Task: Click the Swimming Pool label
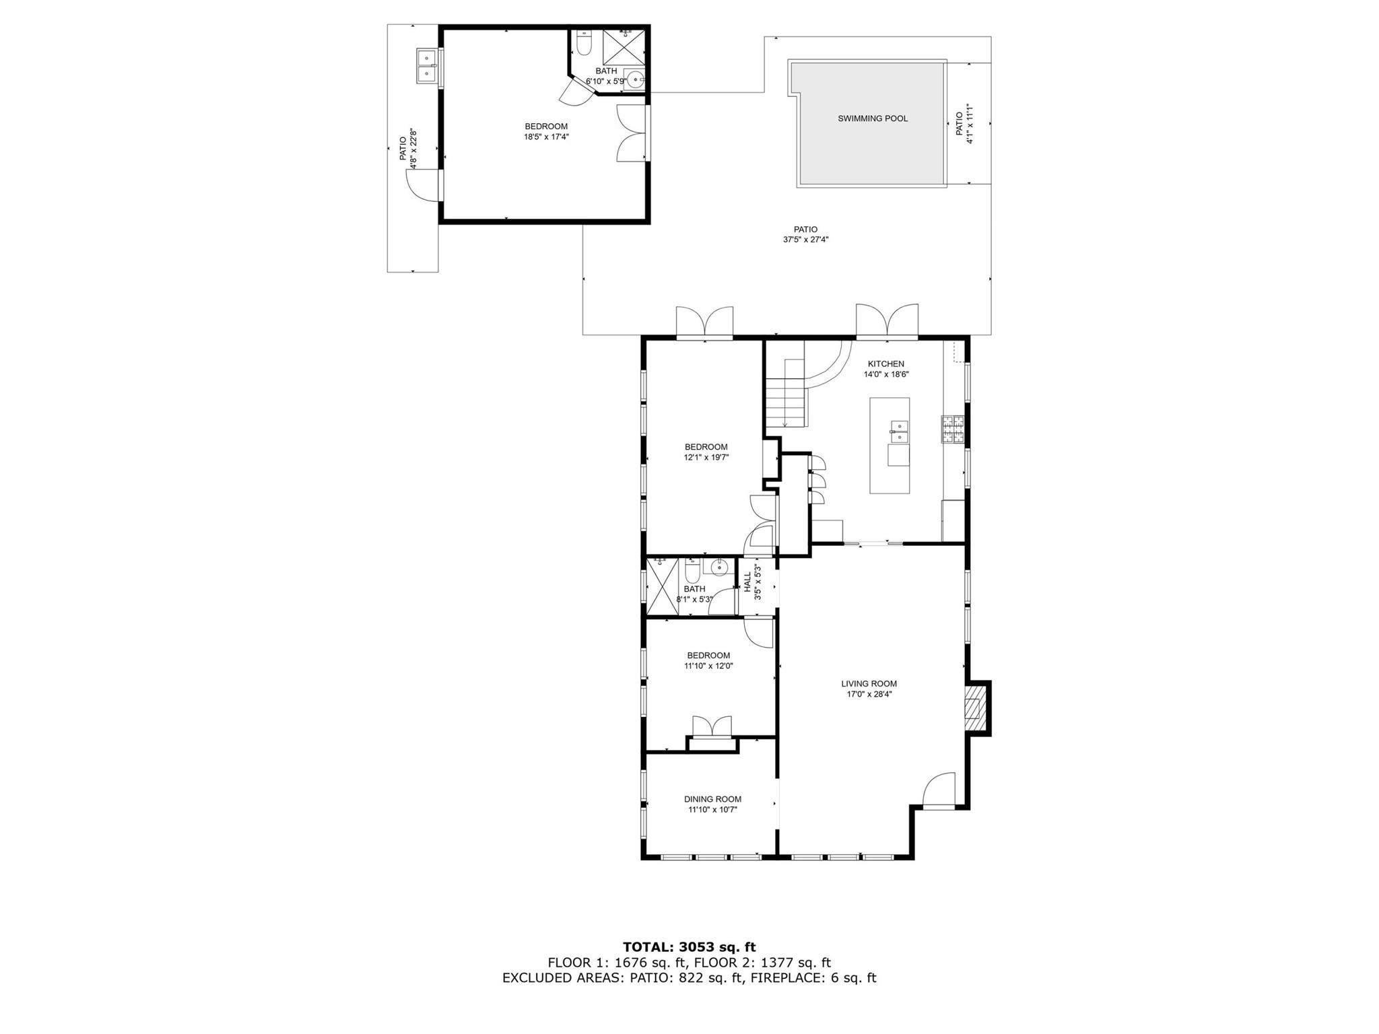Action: [x=873, y=118]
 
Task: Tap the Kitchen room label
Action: [x=886, y=364]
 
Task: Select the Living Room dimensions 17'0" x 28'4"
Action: [x=869, y=694]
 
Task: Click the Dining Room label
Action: [x=712, y=799]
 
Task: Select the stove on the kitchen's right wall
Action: [x=953, y=429]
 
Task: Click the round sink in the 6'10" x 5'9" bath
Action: [x=634, y=79]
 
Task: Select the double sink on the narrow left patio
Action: [x=426, y=65]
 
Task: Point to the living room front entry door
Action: [x=938, y=792]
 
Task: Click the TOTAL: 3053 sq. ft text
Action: [x=689, y=947]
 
